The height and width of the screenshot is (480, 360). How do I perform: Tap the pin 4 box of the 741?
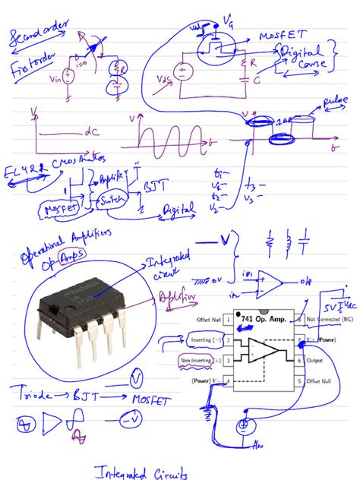(x=226, y=381)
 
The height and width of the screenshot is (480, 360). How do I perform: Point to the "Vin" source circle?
(x=68, y=74)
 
